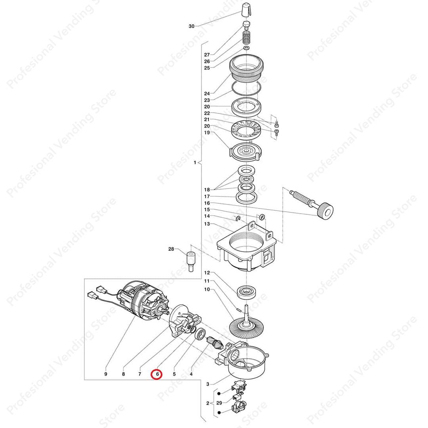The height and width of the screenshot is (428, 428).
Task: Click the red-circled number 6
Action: (x=157, y=374)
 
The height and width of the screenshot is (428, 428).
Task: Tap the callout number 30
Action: (x=191, y=26)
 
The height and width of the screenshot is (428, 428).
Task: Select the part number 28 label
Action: (x=171, y=249)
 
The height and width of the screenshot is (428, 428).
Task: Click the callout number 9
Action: (x=106, y=374)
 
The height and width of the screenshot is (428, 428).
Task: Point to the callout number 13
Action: (x=207, y=224)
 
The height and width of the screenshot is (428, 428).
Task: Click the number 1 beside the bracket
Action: (x=195, y=163)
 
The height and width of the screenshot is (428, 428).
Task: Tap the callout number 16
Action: (x=207, y=203)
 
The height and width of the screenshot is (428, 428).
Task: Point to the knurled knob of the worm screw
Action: (x=326, y=210)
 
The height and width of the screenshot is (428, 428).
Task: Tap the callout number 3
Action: (x=207, y=384)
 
